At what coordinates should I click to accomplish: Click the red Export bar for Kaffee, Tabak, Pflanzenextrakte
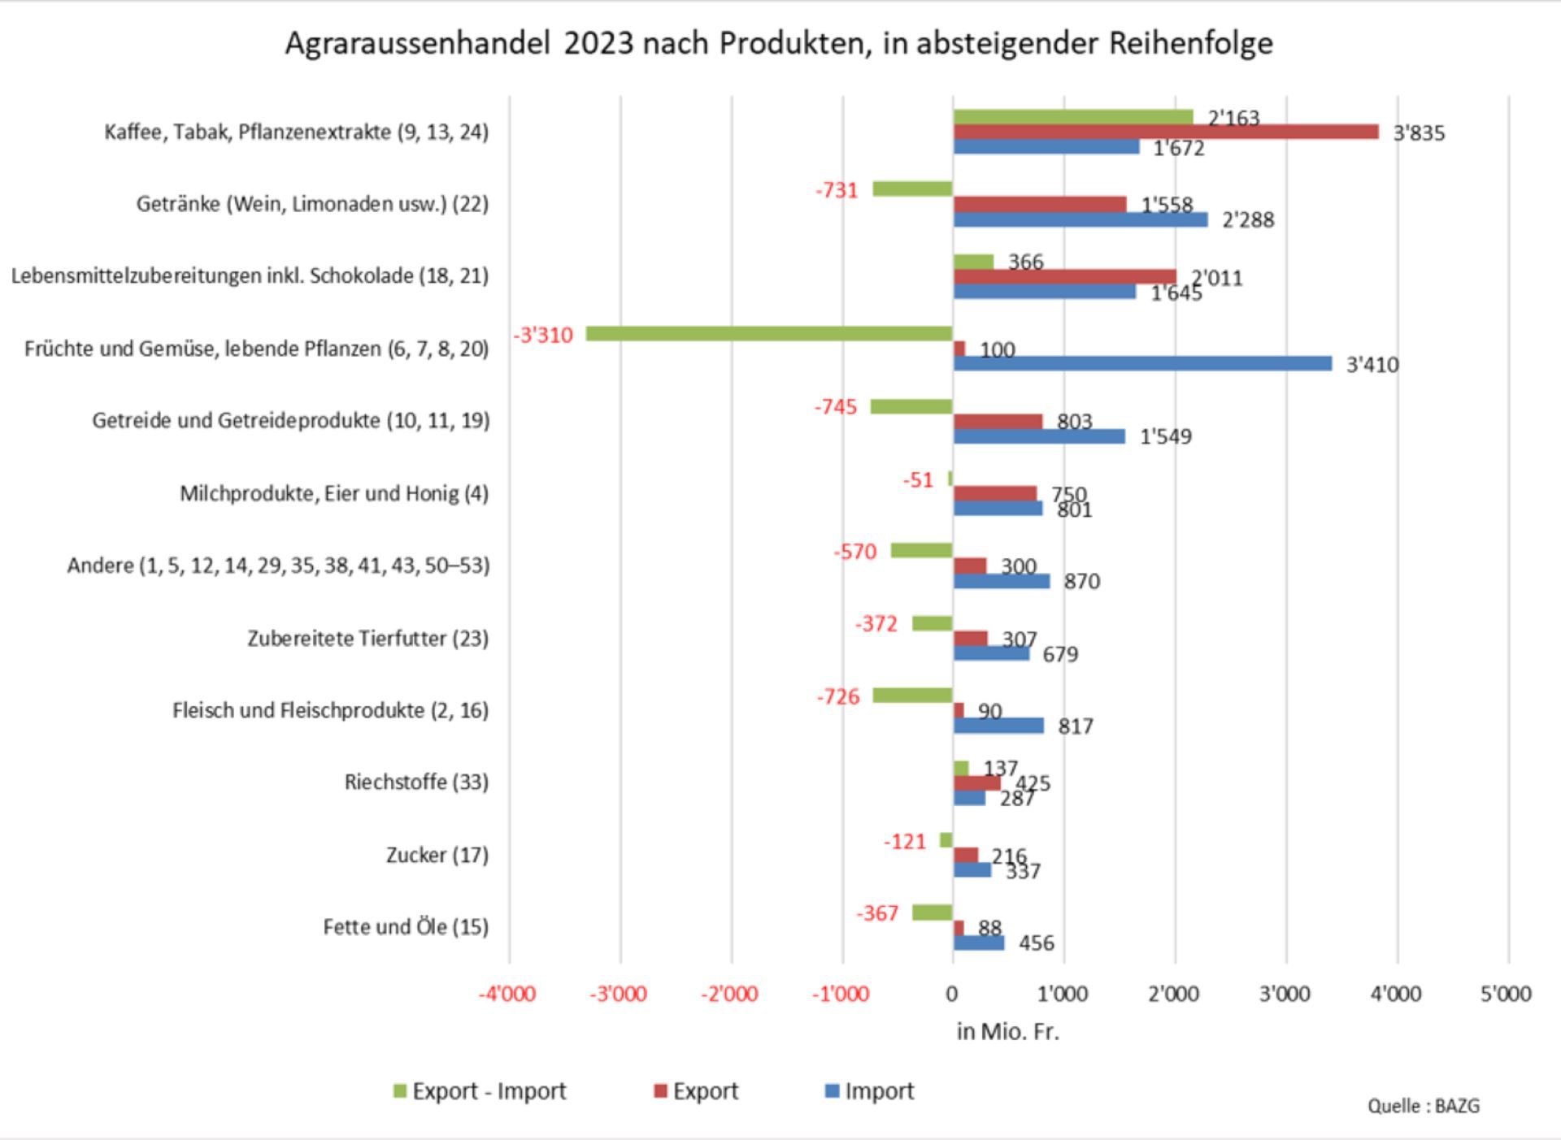pyautogui.click(x=1165, y=132)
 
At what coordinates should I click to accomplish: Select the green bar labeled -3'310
pyautogui.click(x=768, y=333)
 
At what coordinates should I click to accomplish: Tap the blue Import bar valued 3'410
pyautogui.click(x=1142, y=363)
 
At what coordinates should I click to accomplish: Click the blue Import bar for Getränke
pyautogui.click(x=1080, y=219)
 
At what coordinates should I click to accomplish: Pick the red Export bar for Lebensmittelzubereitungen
pyautogui.click(x=1064, y=276)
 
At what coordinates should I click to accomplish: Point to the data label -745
pyautogui.click(x=836, y=406)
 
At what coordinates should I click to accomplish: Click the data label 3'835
pyautogui.click(x=1419, y=133)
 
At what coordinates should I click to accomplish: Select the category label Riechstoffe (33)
pyautogui.click(x=416, y=782)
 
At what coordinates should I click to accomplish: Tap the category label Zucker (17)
pyautogui.click(x=437, y=855)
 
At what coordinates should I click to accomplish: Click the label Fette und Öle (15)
pyautogui.click(x=406, y=927)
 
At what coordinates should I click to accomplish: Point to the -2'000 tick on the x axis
pyautogui.click(x=729, y=994)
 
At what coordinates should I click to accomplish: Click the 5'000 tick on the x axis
pyautogui.click(x=1506, y=994)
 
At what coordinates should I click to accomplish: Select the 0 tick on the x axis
pyautogui.click(x=952, y=994)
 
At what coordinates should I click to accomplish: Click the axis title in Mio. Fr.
pyautogui.click(x=1007, y=1032)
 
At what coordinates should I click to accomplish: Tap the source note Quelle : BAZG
pyautogui.click(x=1423, y=1106)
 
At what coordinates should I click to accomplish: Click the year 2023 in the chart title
pyautogui.click(x=598, y=43)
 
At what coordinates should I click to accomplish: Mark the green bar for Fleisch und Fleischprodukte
pyautogui.click(x=912, y=696)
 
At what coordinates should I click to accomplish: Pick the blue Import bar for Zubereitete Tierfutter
pyautogui.click(x=991, y=653)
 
